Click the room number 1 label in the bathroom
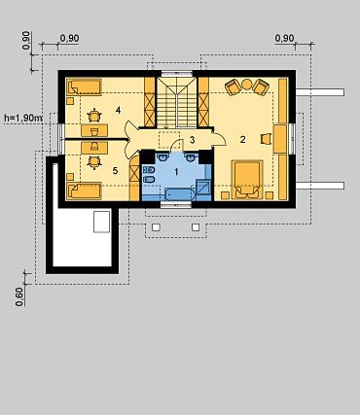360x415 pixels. click(x=176, y=172)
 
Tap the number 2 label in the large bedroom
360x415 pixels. click(x=242, y=140)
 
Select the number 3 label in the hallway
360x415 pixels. click(x=193, y=140)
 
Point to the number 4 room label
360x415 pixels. click(x=118, y=110)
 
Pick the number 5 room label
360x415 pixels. click(x=115, y=171)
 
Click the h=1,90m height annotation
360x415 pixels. click(x=23, y=118)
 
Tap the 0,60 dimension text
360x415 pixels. click(x=19, y=296)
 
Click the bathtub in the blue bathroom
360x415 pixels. click(x=180, y=194)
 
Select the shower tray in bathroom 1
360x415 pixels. click(x=204, y=187)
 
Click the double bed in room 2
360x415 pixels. click(x=247, y=179)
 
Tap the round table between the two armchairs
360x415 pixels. click(x=247, y=85)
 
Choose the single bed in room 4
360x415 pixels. click(x=85, y=86)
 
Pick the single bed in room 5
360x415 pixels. click(x=84, y=190)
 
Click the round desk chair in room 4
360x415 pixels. click(x=94, y=116)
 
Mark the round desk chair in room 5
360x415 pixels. click(x=94, y=162)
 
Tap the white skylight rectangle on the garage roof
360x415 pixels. click(x=102, y=222)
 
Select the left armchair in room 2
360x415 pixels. click(x=233, y=87)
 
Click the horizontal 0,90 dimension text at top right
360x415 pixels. click(x=284, y=39)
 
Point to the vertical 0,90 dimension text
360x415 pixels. click(x=26, y=40)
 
